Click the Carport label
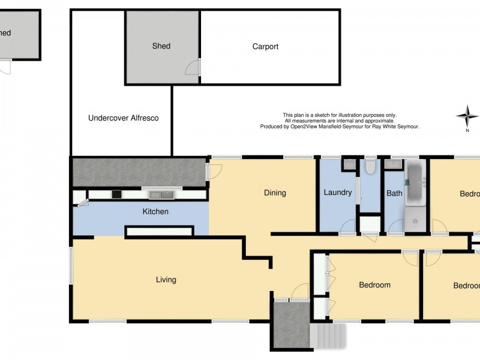pyautogui.click(x=265, y=47)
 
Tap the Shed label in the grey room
pyautogui.click(x=161, y=46)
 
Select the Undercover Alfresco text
pyautogui.click(x=123, y=118)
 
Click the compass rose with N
pyautogui.click(x=467, y=115)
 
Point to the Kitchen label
pyautogui.click(x=155, y=212)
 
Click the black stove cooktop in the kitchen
pyautogui.click(x=116, y=194)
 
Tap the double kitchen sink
pyautogui.click(x=161, y=194)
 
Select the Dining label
pyautogui.click(x=275, y=193)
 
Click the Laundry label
pyautogui.click(x=337, y=193)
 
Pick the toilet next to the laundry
pyautogui.click(x=370, y=166)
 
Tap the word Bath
pyautogui.click(x=394, y=193)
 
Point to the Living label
pyautogui.click(x=166, y=280)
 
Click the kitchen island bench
pyautogui.click(x=159, y=231)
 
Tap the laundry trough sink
pyautogui.click(x=349, y=164)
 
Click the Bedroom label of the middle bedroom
pyautogui.click(x=374, y=285)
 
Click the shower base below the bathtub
pyautogui.click(x=415, y=219)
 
